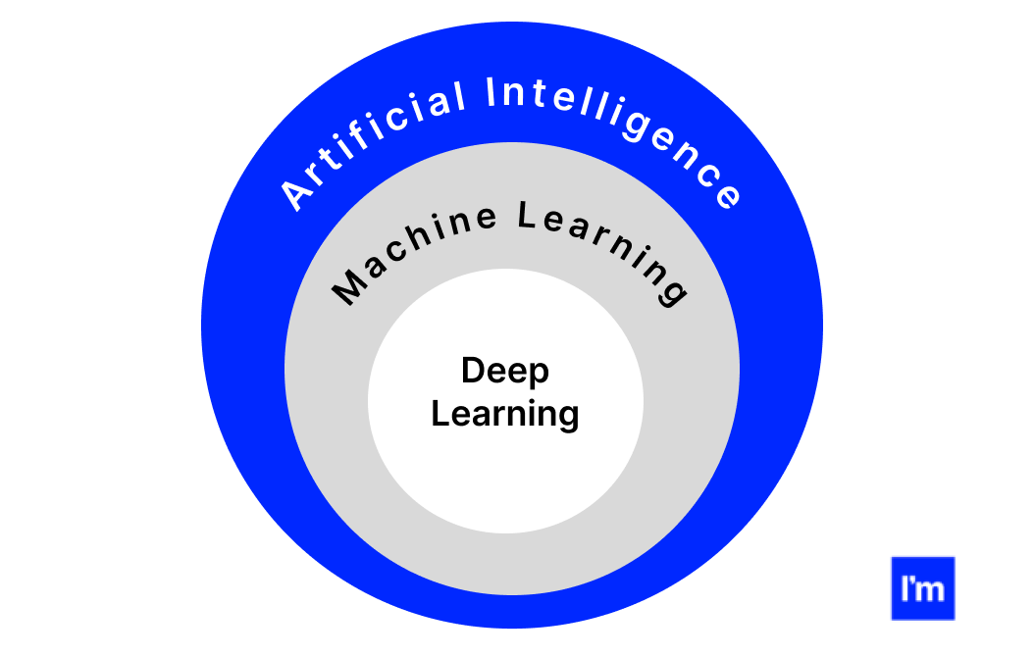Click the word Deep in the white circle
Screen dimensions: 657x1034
point(505,372)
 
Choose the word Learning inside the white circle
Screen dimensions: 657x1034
point(505,414)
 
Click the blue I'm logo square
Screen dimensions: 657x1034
point(922,588)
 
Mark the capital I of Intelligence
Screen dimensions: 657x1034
point(494,94)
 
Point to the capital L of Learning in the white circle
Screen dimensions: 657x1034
point(439,413)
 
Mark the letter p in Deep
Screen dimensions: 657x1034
point(538,375)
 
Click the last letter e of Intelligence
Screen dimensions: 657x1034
point(727,196)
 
